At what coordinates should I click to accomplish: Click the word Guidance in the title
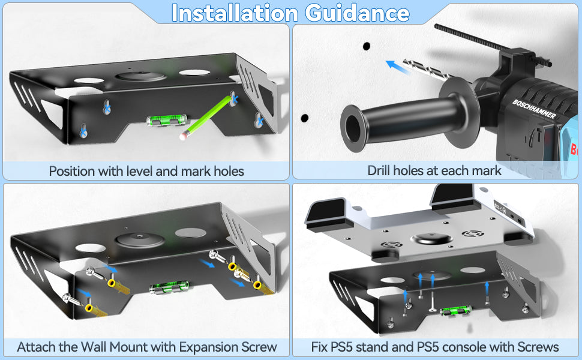[357, 13]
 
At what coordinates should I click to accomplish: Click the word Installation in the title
[235, 13]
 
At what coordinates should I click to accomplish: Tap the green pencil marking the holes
[208, 117]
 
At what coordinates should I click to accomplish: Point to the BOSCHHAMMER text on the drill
[534, 109]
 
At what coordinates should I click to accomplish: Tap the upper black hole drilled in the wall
[367, 46]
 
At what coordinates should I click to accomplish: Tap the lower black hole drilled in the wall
[305, 118]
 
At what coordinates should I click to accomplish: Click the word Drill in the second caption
[379, 170]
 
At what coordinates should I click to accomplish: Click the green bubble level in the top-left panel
[166, 121]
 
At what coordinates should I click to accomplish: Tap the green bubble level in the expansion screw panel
[169, 287]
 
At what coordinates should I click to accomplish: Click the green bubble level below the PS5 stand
[455, 310]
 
